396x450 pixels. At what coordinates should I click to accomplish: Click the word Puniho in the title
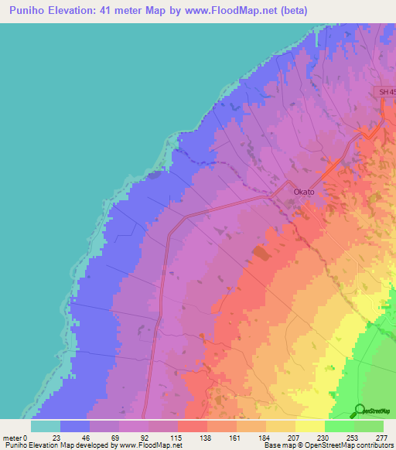pos(30,10)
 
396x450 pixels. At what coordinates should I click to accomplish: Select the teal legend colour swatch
pos(46,426)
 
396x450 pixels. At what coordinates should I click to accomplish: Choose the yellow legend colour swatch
pos(310,426)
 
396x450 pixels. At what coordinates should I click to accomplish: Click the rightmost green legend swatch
pos(369,426)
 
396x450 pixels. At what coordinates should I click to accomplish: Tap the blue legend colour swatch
pos(75,426)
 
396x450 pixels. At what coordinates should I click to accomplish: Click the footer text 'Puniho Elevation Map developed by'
pos(58,445)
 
